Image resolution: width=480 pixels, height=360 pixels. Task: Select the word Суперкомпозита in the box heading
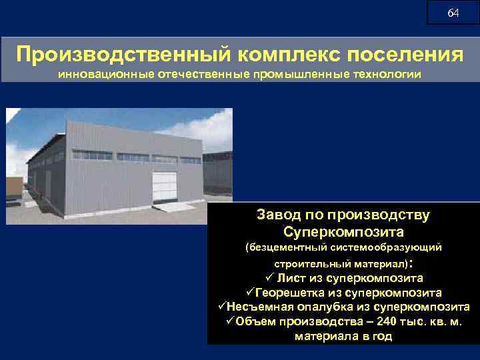[x=343, y=233]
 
